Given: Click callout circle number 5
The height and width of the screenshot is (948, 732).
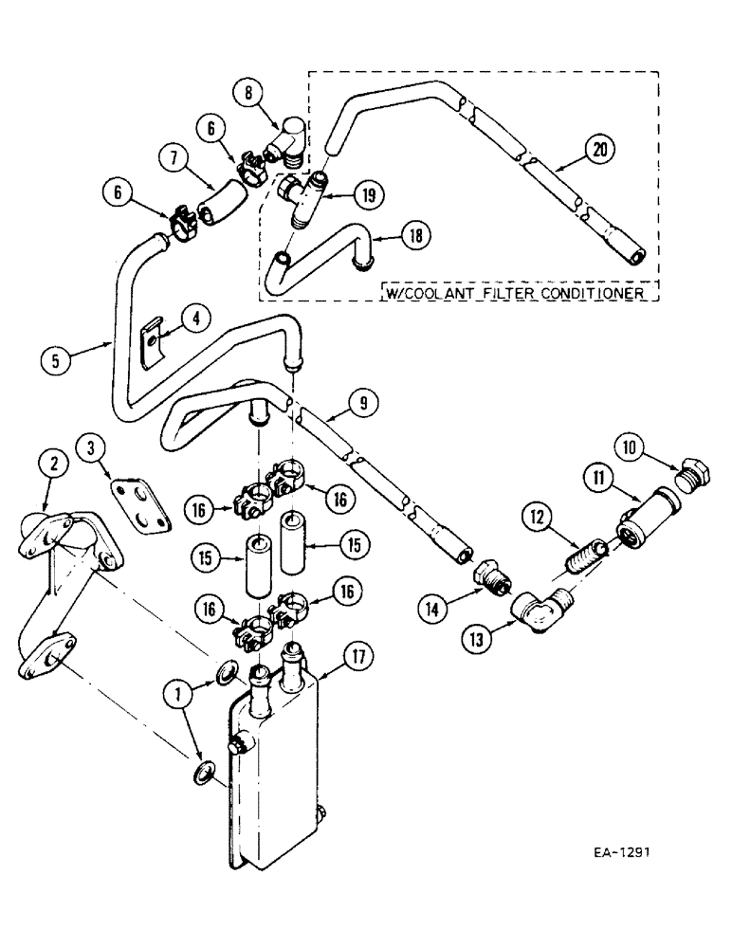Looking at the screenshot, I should pyautogui.click(x=55, y=360).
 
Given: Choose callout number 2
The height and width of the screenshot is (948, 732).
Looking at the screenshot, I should pyautogui.click(x=53, y=463).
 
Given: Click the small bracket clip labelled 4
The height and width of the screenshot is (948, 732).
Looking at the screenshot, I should pyautogui.click(x=150, y=346).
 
